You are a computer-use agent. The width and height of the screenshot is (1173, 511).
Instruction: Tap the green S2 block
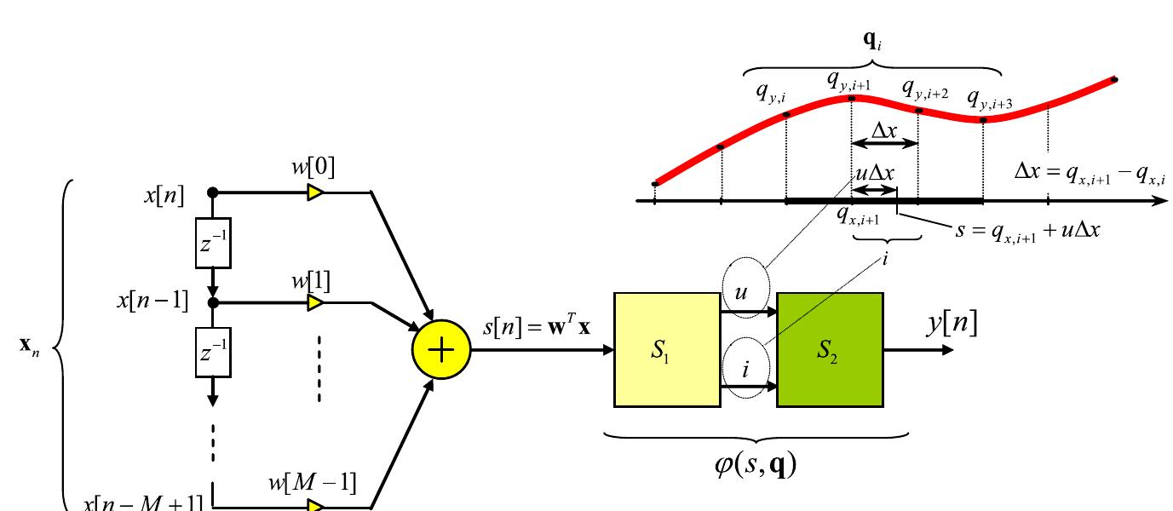(829, 351)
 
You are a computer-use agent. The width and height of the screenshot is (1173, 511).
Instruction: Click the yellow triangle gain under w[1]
(315, 302)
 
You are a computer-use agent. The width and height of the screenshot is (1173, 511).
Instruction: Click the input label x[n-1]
(153, 301)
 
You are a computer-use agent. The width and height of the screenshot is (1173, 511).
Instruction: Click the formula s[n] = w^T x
(537, 326)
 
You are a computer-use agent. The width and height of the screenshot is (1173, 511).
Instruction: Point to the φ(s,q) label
(755, 465)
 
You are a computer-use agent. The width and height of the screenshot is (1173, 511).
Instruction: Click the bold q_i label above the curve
(874, 41)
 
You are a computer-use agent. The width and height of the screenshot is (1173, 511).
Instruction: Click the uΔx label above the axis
(875, 173)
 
